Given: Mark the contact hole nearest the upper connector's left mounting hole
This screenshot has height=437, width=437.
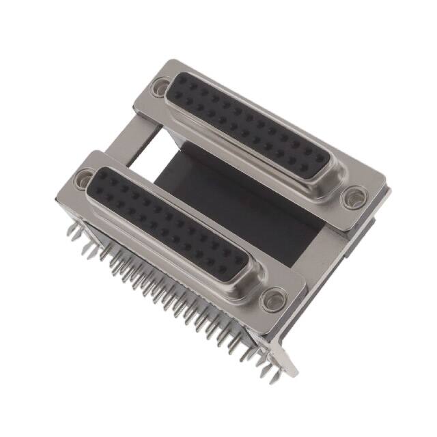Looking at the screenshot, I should [180, 87].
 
